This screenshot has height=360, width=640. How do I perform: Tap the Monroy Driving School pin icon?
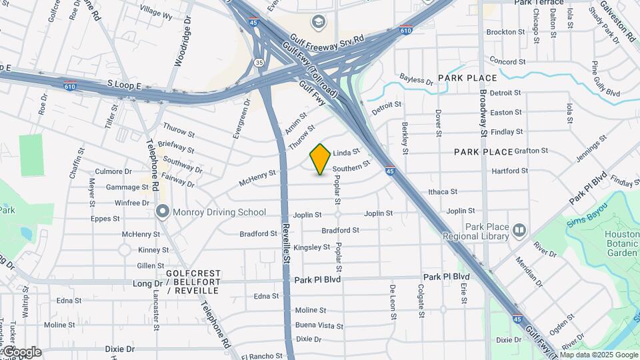coord(162,212)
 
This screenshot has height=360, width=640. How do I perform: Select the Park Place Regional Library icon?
coord(519,231)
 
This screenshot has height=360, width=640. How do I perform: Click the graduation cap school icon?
coord(319,22)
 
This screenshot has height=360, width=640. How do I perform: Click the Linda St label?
coord(346,153)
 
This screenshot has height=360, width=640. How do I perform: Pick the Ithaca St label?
coord(443,191)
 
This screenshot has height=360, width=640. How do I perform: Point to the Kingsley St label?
coord(312,247)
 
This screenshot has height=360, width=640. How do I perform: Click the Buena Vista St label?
coord(319,326)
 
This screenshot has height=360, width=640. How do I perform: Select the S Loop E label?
coord(124,86)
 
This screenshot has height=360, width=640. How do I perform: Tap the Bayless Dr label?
coord(416,80)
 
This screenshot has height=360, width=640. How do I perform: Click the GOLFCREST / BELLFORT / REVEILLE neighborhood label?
coord(193,282)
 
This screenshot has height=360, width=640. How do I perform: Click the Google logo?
coord(21,352)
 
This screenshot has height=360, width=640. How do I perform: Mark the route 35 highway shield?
coord(258,63)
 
